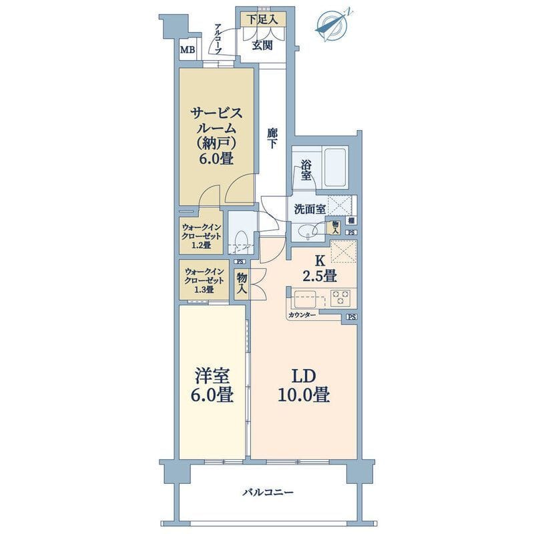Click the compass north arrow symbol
332,25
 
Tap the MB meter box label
188,51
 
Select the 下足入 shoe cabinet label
262,19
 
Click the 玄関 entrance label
262,45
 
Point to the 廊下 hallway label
272,138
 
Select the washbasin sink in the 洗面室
306,231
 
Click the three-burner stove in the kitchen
341,297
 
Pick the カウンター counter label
302,315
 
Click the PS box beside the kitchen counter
352,317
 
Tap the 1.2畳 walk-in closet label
202,236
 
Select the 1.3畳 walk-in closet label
204,280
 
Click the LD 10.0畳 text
304,386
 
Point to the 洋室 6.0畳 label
214,386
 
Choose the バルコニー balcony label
268,493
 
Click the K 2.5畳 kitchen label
320,269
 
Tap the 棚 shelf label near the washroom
352,221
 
